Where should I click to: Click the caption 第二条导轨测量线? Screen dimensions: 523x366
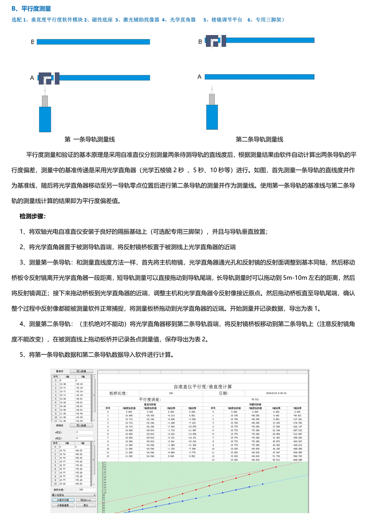point(259,139)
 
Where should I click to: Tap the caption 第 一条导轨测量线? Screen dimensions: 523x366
point(89,139)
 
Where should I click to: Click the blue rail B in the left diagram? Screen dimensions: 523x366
point(94,42)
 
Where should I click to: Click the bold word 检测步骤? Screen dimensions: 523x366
point(33,216)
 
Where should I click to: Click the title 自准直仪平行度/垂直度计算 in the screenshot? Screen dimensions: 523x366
point(203,386)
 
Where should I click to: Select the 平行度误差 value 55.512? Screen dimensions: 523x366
point(255,400)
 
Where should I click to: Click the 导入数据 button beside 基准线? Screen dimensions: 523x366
point(81,371)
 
